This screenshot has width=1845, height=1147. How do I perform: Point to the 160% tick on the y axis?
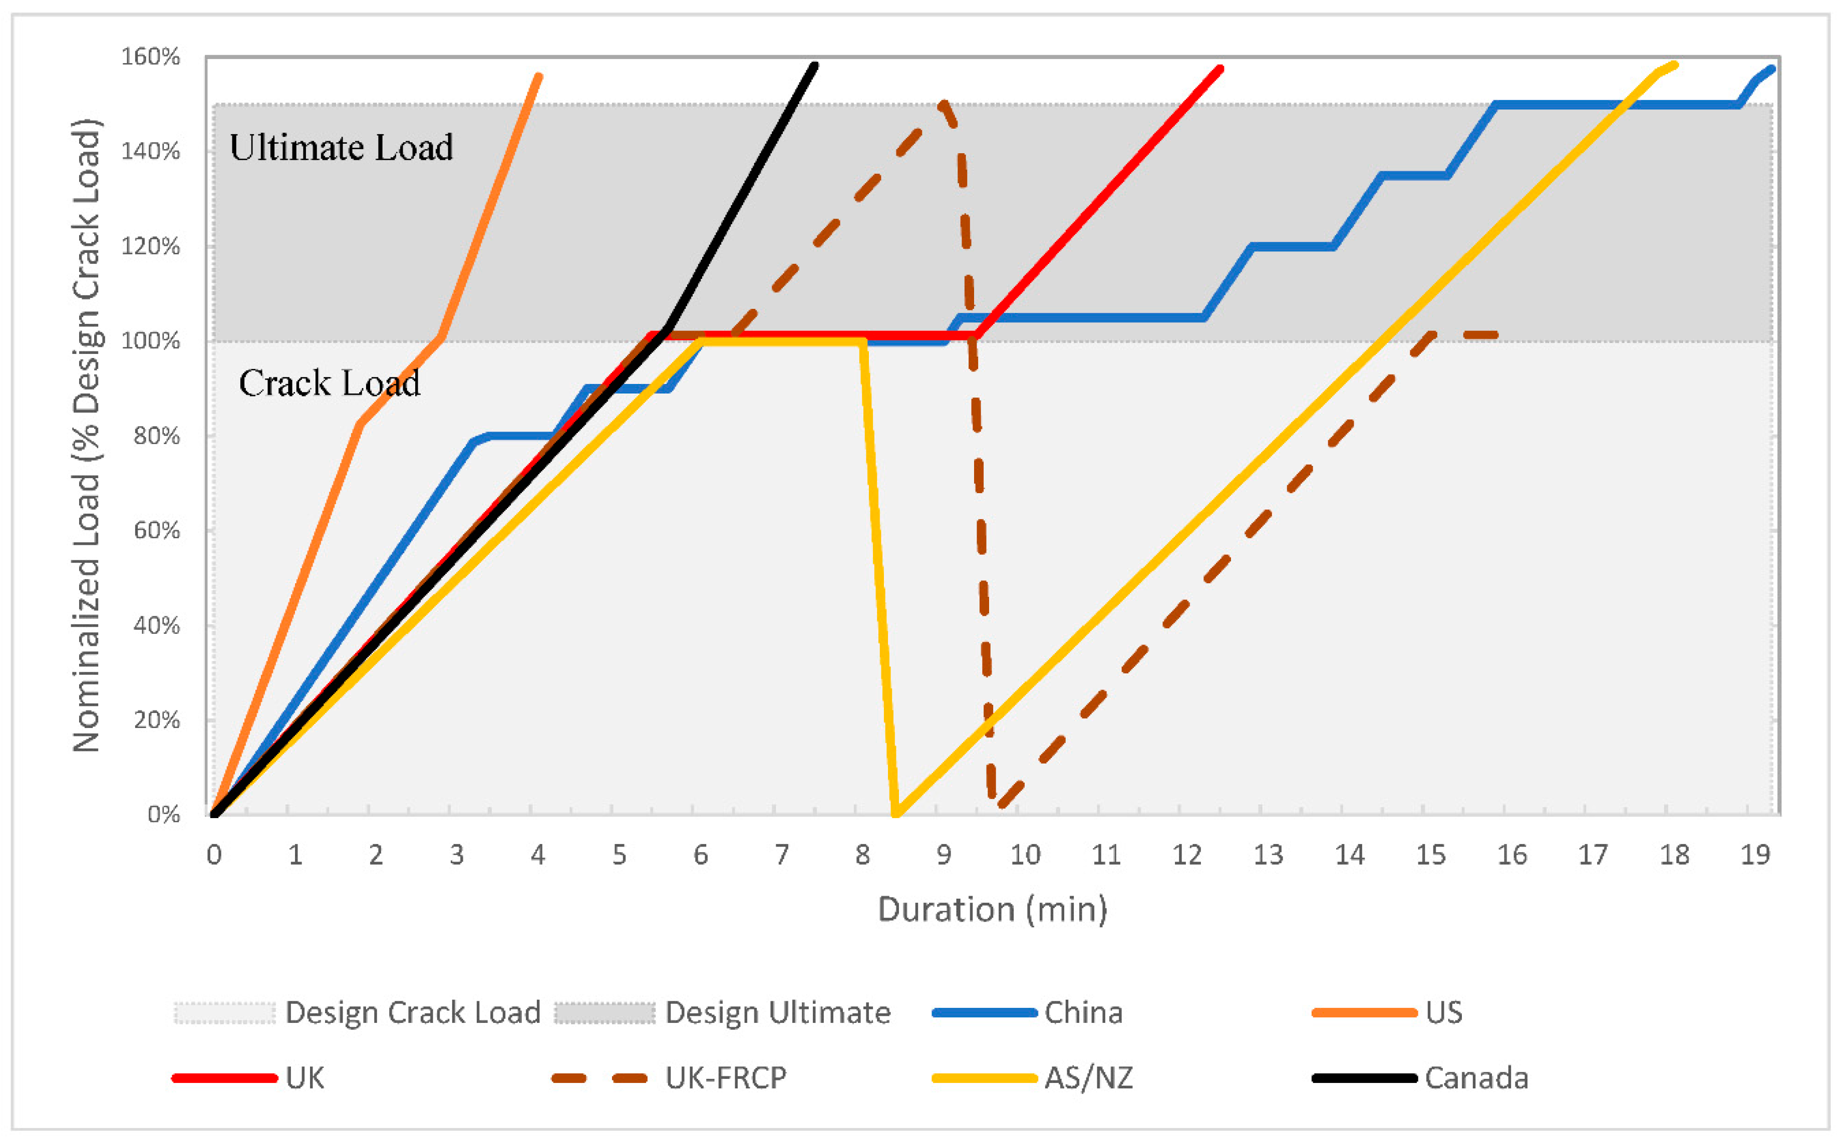151,57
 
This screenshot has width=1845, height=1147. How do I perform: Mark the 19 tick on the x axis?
1755,856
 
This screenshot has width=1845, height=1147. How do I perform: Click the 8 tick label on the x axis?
862,856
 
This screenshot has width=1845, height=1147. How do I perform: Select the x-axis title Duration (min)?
992,909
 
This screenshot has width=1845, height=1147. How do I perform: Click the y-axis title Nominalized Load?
87,436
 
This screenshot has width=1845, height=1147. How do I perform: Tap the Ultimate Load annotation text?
342,147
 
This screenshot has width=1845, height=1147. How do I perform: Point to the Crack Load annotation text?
329,383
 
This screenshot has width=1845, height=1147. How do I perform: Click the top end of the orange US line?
539,76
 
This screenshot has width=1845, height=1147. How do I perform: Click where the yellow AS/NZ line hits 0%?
896,813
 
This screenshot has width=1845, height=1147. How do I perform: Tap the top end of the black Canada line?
815,65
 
